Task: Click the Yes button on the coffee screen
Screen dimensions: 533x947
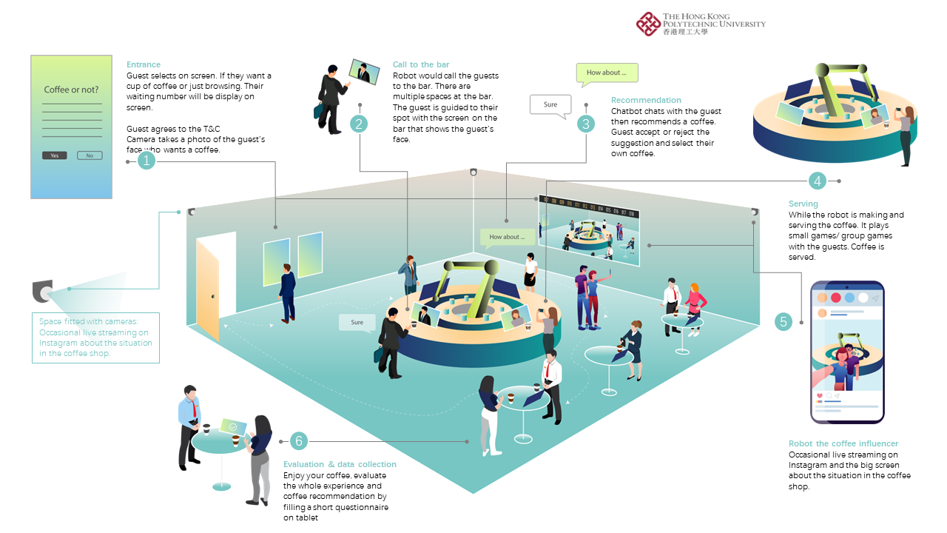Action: (x=55, y=155)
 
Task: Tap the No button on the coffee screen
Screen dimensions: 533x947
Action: (x=90, y=155)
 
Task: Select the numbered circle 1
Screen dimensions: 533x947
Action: (x=147, y=160)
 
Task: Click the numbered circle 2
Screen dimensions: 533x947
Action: (x=360, y=124)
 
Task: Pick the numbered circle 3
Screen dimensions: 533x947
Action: (x=586, y=124)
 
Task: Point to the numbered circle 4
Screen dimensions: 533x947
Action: (x=817, y=181)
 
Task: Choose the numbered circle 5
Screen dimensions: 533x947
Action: (x=783, y=321)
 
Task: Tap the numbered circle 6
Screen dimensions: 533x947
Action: (x=299, y=441)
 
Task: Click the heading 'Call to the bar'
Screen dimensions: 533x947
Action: (x=421, y=65)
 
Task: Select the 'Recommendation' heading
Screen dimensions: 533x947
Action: (x=646, y=100)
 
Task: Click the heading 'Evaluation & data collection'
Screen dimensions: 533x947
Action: (x=340, y=464)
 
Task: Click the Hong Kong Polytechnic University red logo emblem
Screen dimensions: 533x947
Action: (x=648, y=24)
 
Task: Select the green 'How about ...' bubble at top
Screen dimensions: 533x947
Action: (x=607, y=73)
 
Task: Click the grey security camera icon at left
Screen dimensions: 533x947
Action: (x=43, y=292)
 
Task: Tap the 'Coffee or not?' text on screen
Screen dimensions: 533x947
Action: (x=71, y=90)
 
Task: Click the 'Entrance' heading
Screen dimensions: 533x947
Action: (x=144, y=65)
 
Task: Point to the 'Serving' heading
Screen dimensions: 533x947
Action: (x=803, y=204)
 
